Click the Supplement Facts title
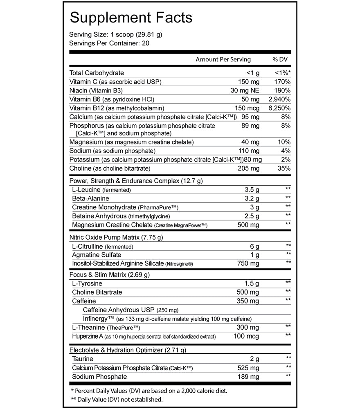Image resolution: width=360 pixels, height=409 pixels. tap(131, 18)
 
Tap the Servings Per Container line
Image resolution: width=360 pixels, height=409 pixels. tap(109, 43)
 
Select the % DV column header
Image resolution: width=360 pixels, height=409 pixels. tap(281, 60)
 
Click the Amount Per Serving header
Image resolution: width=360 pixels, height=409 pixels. tap(223, 60)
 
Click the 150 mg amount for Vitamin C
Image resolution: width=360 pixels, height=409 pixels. tap(248, 81)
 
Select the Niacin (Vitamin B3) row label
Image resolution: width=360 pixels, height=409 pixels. tap(97, 90)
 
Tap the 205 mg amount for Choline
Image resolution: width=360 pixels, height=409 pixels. tap(248, 168)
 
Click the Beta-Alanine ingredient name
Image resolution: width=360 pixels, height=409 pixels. tap(90, 198)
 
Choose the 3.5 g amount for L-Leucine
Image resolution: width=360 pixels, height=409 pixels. tap(252, 190)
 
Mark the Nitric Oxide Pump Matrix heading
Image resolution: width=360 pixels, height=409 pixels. tap(116, 237)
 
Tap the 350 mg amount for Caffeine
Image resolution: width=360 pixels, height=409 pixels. tap(248, 301)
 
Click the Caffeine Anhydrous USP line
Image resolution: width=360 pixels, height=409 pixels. tap(130, 310)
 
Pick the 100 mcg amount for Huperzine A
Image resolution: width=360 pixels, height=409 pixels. tap(247, 336)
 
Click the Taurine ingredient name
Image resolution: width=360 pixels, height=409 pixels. tap(83, 359)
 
